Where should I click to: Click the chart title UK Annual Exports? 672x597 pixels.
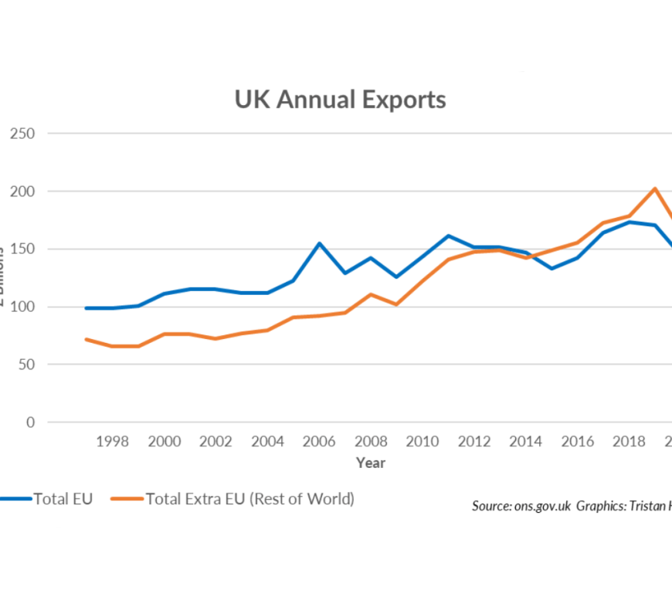click(340, 100)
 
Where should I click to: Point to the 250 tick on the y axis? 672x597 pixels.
click(22, 134)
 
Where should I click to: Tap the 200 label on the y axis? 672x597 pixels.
click(22, 192)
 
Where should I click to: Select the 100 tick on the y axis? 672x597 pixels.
click(22, 307)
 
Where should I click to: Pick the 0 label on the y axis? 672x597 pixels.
click(30, 422)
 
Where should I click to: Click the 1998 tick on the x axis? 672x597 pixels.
click(112, 442)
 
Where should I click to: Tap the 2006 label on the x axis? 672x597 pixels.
click(319, 442)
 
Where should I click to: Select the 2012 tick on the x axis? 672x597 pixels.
click(474, 442)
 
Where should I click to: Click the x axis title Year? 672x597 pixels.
click(371, 463)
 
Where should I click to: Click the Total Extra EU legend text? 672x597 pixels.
click(249, 499)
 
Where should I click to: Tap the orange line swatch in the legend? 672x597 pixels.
click(127, 500)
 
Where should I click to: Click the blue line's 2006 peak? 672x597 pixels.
click(319, 243)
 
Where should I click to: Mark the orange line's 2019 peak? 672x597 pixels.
click(655, 188)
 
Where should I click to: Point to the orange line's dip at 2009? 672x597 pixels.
click(396, 304)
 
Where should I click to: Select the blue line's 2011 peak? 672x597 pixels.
click(448, 236)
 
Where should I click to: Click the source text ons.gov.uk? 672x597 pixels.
click(540, 507)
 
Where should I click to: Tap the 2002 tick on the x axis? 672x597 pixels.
click(216, 442)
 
